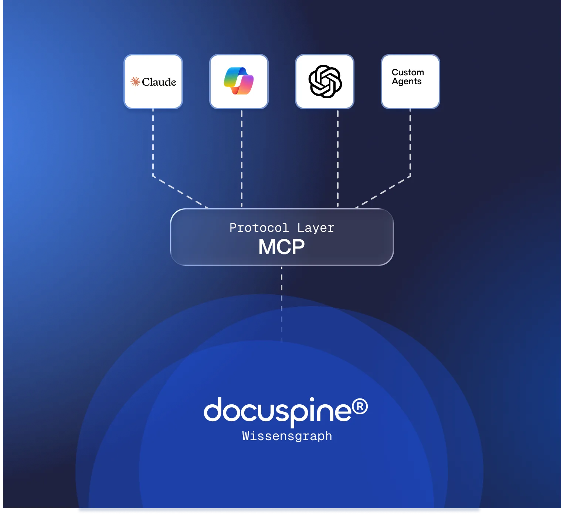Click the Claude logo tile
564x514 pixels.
(153, 82)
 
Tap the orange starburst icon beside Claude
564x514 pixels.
(135, 82)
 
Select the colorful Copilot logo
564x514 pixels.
(239, 81)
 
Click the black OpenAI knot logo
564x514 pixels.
(325, 82)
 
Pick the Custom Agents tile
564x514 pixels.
(411, 82)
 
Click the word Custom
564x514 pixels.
(408, 72)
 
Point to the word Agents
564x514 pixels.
(407, 82)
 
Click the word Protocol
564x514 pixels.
(259, 227)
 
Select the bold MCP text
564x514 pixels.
(281, 247)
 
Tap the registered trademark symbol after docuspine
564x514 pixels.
(360, 407)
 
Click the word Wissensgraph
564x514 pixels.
(287, 436)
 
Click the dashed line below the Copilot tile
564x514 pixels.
(241, 159)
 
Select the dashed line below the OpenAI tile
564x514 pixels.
(338, 159)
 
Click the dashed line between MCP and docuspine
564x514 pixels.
(281, 304)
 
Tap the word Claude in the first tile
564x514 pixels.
(159, 82)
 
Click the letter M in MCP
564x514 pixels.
(266, 247)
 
